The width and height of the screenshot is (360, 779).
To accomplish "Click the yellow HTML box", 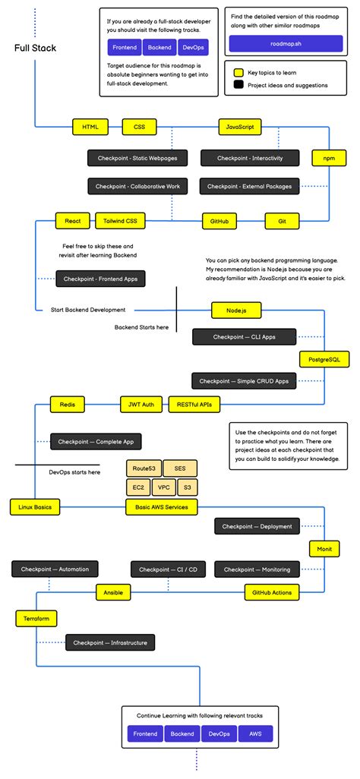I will coord(90,127).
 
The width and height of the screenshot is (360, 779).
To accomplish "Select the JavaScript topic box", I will coord(240,127).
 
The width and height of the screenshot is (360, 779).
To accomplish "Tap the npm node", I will coord(329,158).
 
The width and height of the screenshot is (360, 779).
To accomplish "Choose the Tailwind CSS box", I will coord(121,221).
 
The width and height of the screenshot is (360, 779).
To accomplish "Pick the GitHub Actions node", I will coord(272,591).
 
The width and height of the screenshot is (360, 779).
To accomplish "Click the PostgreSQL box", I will coord(324,358).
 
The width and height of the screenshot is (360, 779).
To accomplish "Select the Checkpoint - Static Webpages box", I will coord(133,158).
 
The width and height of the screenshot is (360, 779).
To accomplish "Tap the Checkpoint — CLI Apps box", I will coord(244,336).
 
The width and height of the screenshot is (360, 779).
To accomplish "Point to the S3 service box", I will coord(188,487).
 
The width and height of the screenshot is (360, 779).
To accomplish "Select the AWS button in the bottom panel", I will coord(254,734).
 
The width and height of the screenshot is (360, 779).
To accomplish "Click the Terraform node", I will coord(36,619).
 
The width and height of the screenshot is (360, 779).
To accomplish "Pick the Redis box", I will coord(67,405).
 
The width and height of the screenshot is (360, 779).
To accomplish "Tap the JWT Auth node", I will coord(141,405).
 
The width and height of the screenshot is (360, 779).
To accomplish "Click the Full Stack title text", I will coord(35,49).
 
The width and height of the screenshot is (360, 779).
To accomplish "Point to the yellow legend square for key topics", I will coord(238,72).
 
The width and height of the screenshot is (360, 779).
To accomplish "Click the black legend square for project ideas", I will coord(238,85).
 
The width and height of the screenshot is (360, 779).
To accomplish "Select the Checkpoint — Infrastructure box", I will coord(110,643).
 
